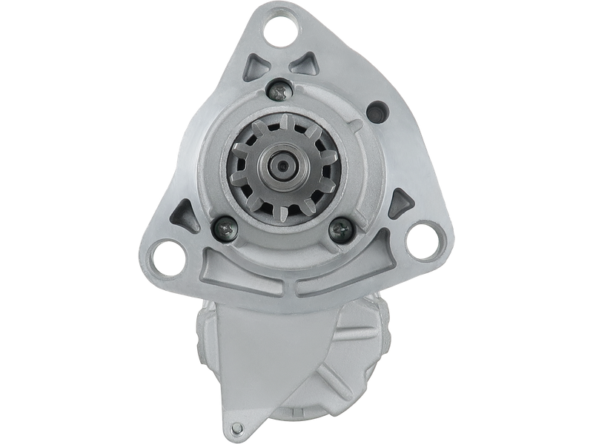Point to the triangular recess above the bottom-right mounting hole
pyautogui.click(x=400, y=201)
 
